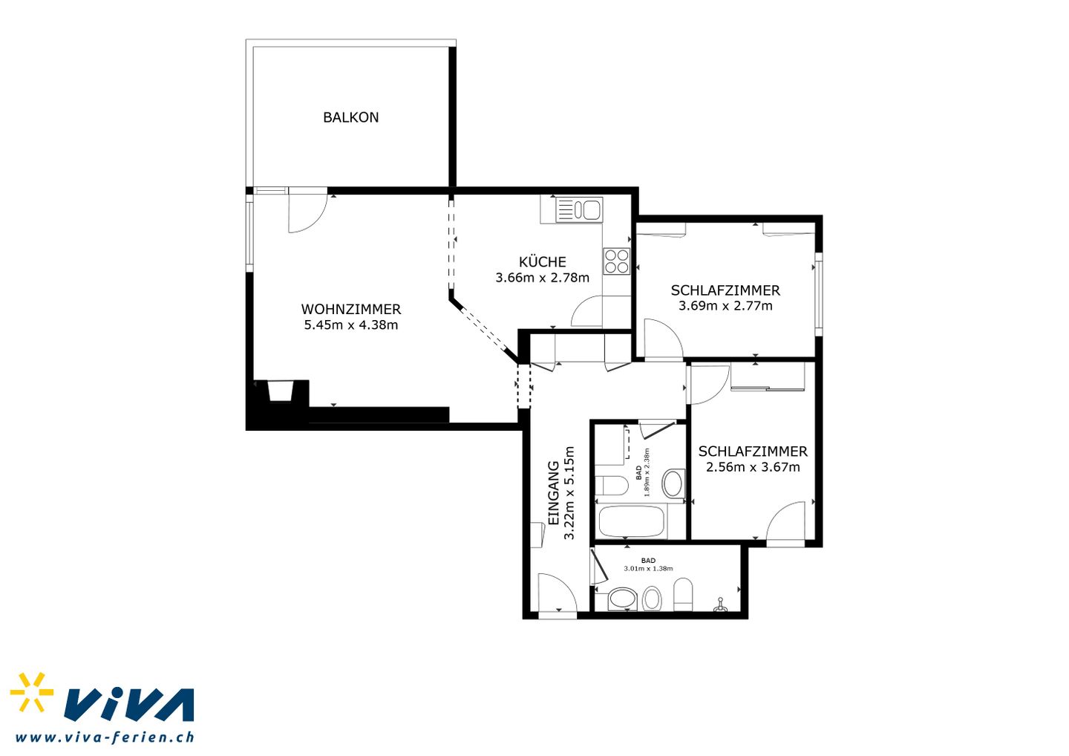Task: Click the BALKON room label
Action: click(350, 117)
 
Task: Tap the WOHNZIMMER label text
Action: click(350, 309)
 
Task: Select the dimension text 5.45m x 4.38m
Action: click(350, 325)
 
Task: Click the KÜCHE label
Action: click(542, 261)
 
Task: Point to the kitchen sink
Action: click(579, 209)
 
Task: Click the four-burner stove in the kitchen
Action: click(617, 261)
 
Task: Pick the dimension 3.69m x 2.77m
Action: click(725, 305)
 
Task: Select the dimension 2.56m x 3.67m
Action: click(753, 467)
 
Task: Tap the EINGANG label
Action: click(553, 493)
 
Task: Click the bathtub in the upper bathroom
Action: click(632, 521)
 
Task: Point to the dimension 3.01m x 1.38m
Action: click(648, 568)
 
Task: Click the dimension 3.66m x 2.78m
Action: click(542, 277)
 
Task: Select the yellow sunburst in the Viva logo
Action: click(31, 691)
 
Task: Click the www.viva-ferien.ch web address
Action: click(105, 737)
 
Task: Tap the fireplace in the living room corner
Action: click(280, 391)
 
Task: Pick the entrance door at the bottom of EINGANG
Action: click(558, 593)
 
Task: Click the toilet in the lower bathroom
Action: click(683, 595)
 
